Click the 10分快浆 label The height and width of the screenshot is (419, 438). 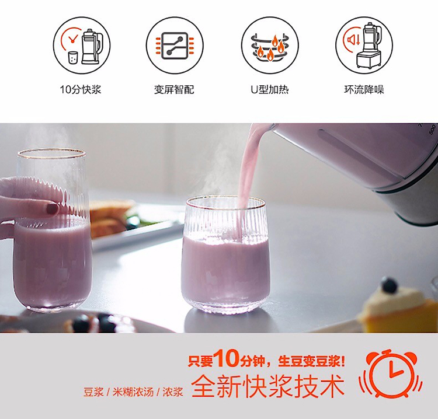[x=81, y=90]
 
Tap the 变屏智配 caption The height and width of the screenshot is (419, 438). [x=174, y=90]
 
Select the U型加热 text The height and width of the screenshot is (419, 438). [x=270, y=90]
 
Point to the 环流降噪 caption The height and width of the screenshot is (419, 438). [x=364, y=90]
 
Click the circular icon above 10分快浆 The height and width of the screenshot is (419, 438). [x=82, y=46]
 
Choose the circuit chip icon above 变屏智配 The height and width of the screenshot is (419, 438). [x=175, y=46]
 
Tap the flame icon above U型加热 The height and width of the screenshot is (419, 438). [x=270, y=47]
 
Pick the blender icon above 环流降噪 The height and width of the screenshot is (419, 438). [x=367, y=46]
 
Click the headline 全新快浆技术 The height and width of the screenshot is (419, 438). [x=268, y=387]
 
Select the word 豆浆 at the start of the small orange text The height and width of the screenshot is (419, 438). [x=93, y=392]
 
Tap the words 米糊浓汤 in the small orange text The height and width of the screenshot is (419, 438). [x=133, y=392]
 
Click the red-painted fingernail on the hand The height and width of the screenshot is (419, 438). [x=52, y=208]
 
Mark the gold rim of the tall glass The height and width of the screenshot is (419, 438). [x=51, y=153]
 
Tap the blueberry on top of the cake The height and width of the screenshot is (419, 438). [x=389, y=285]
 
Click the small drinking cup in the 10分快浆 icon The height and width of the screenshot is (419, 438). [x=72, y=58]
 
